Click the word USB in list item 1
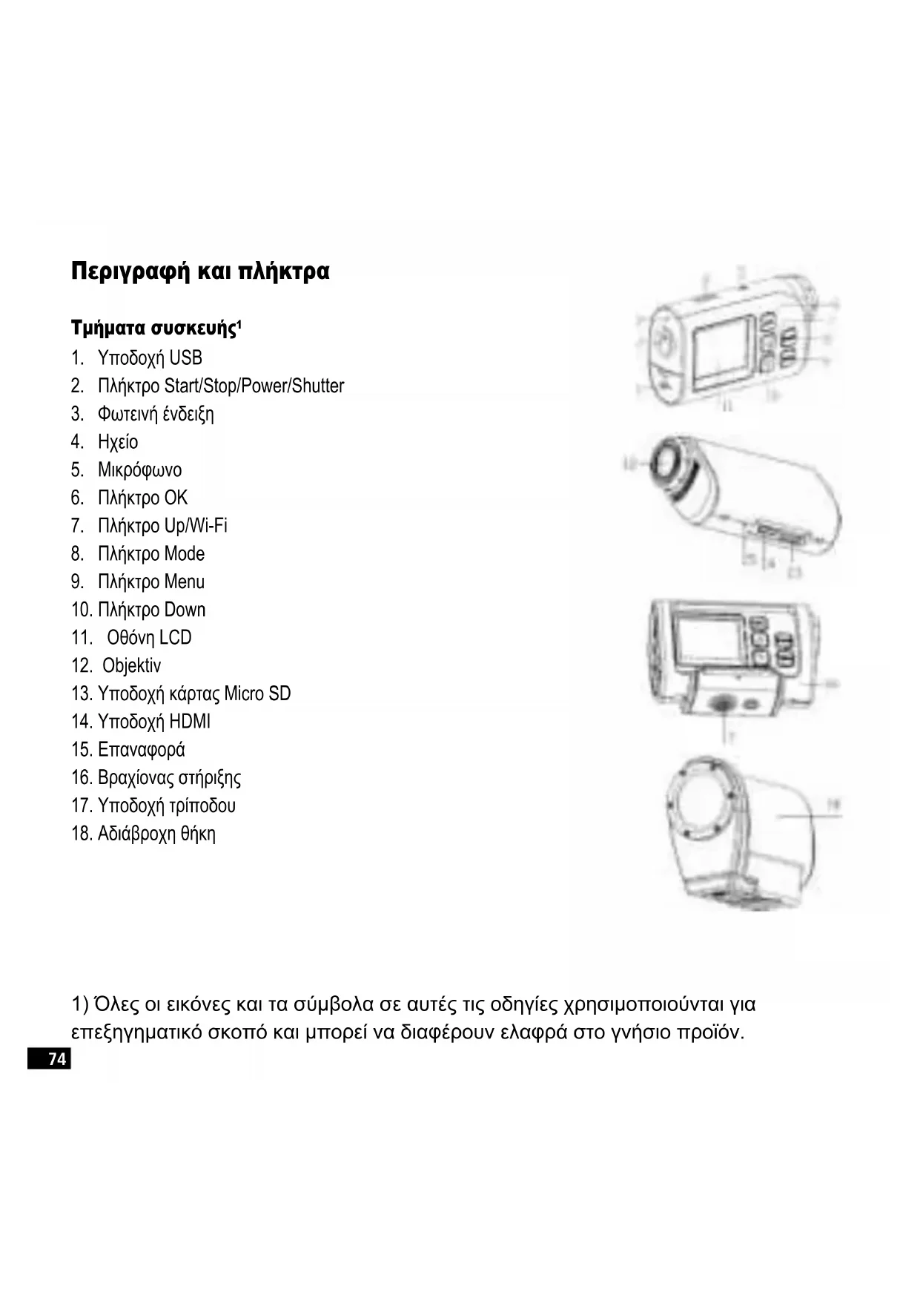pos(185,358)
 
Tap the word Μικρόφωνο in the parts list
pos(139,470)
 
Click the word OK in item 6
pos(176,498)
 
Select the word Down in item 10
pos(185,610)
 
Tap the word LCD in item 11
pos(175,638)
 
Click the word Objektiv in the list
pos(131,666)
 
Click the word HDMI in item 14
pos(190,722)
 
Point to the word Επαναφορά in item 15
pos(141,750)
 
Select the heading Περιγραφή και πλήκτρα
pos(200,271)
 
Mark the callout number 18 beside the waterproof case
pos(833,803)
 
